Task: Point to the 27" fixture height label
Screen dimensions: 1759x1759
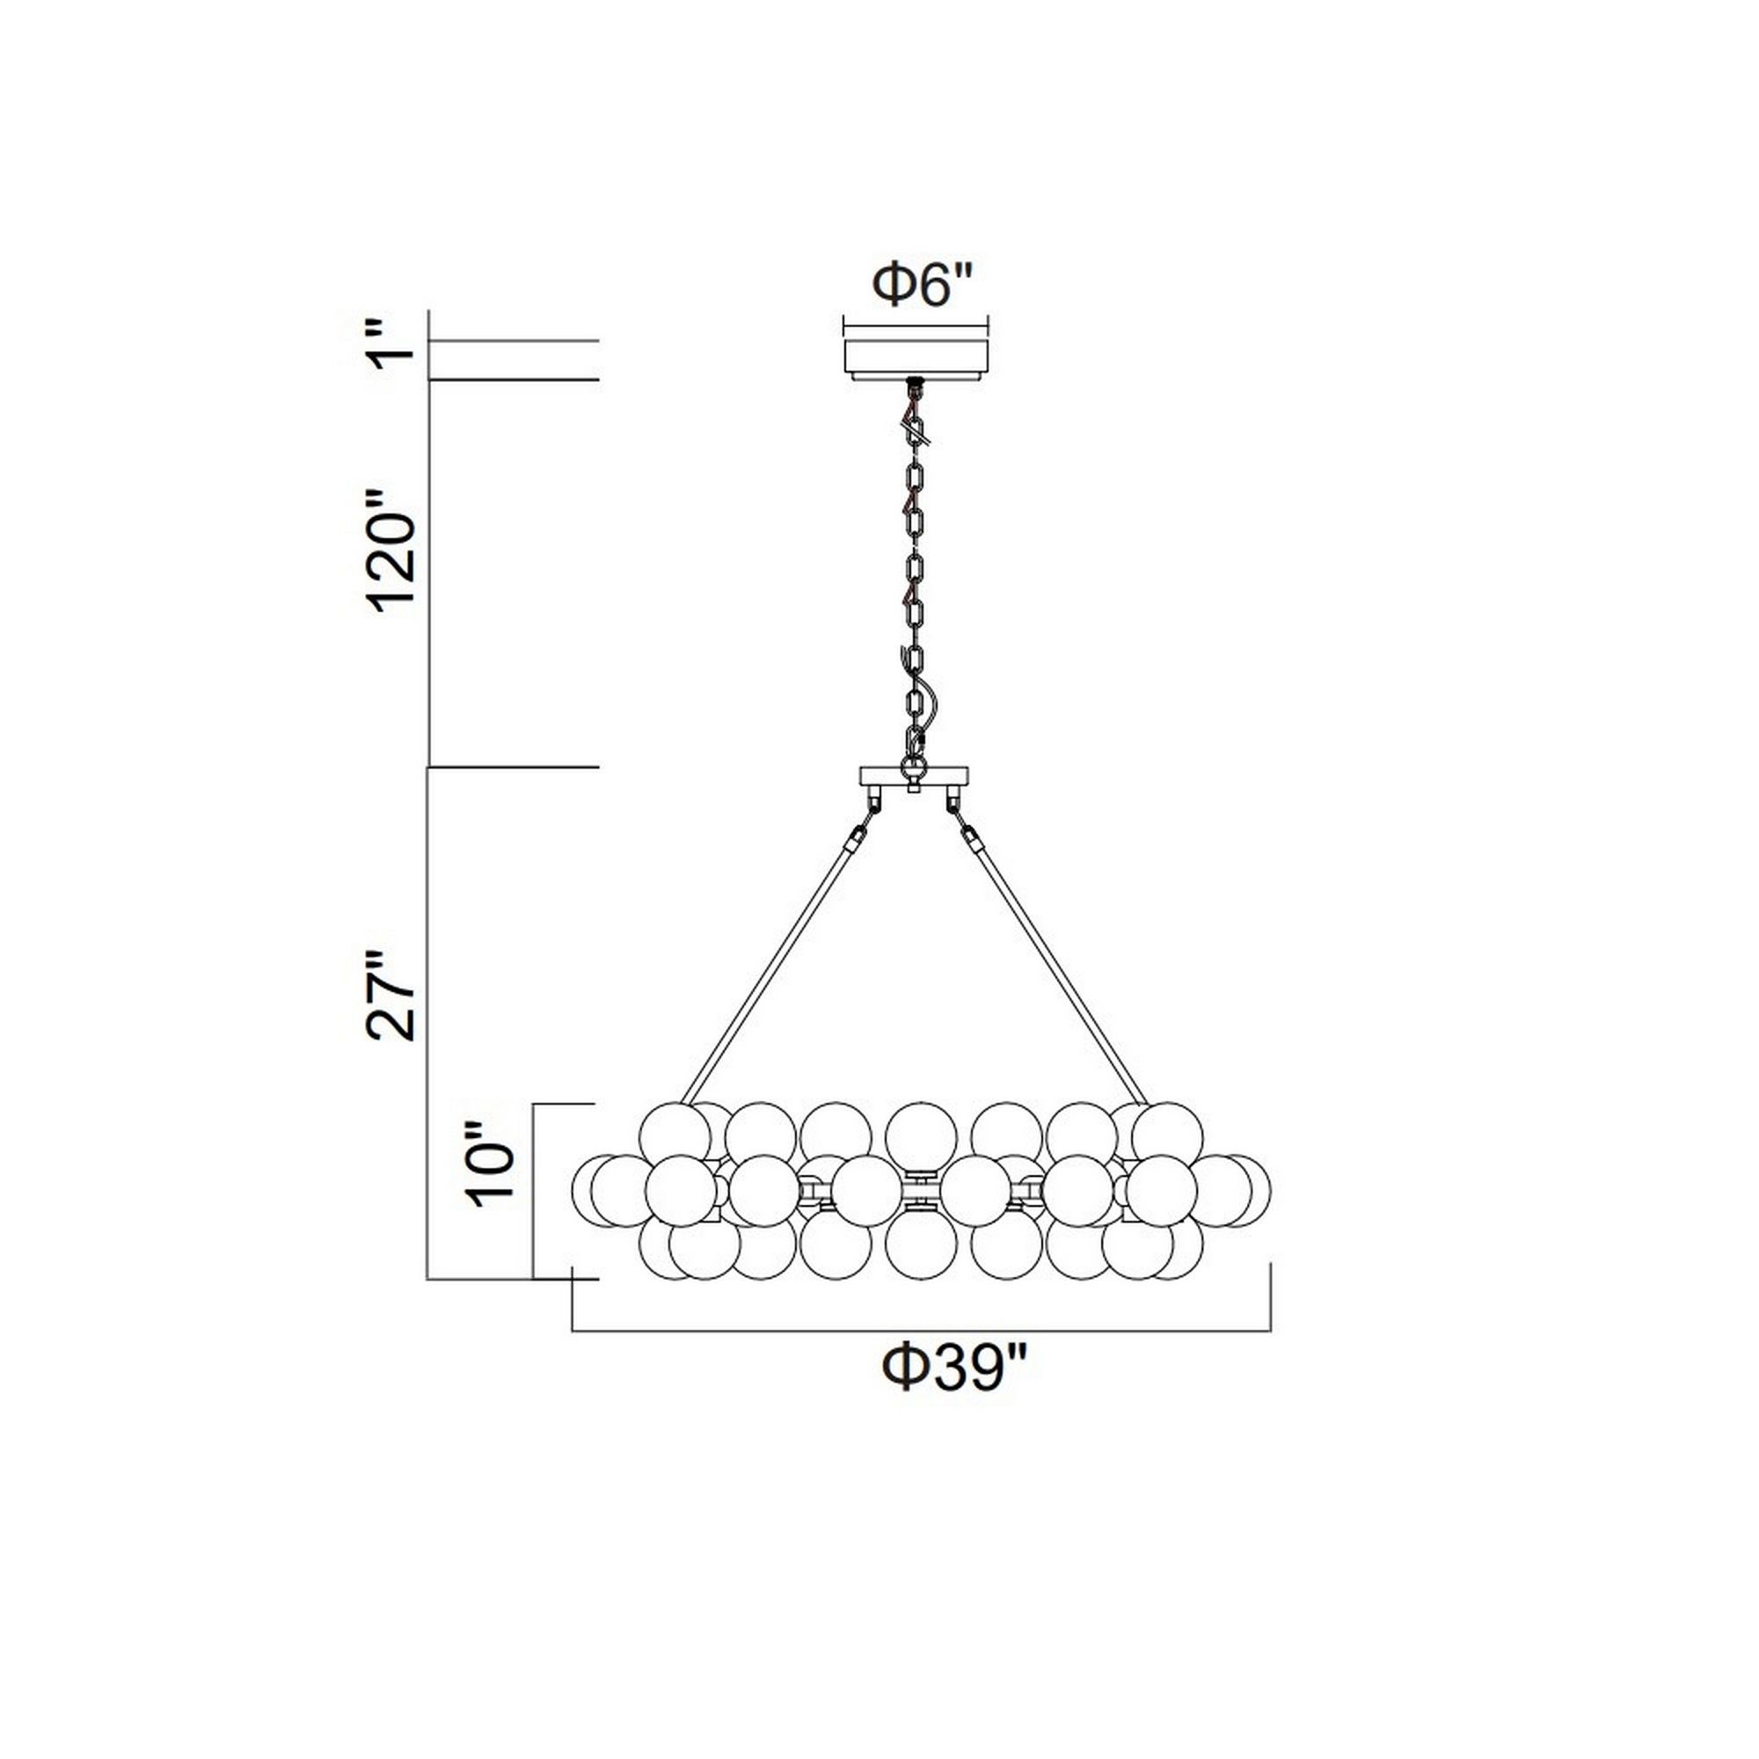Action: point(391,997)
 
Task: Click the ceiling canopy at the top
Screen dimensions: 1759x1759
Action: point(916,358)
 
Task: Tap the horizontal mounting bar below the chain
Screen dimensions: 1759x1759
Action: point(914,777)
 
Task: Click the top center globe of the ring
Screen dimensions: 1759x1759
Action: point(921,1136)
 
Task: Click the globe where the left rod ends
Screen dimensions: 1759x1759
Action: point(675,1136)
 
